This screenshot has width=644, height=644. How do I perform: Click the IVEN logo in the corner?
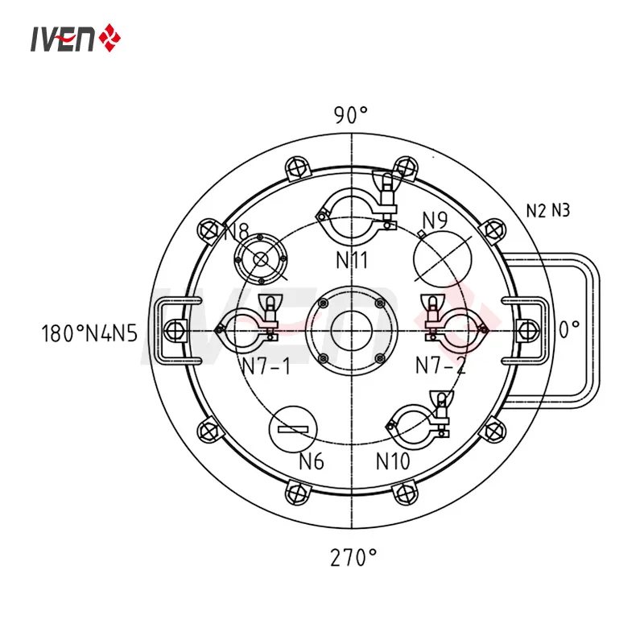[x=76, y=38]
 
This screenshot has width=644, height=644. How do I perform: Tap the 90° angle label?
[x=351, y=115]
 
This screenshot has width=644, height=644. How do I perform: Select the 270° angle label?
[x=353, y=557]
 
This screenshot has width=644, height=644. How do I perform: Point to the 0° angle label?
[x=570, y=329]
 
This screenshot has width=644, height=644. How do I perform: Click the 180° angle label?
[x=63, y=333]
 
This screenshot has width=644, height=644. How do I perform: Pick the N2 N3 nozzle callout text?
[x=548, y=211]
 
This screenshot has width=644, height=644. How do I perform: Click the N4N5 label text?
[x=111, y=333]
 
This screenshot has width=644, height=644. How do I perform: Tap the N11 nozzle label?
[x=352, y=259]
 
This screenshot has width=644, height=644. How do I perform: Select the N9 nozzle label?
[x=435, y=221]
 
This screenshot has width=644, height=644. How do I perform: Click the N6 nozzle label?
[x=312, y=460]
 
